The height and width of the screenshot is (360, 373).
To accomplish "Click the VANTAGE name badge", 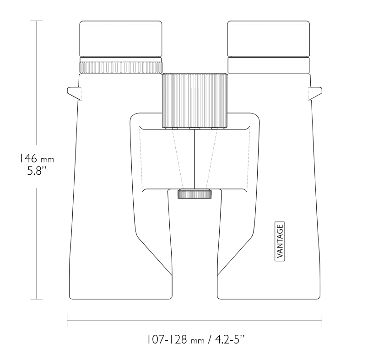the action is click(x=280, y=242).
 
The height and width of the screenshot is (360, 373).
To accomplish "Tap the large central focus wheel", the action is click(x=195, y=101).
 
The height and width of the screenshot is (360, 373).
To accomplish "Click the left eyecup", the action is click(x=121, y=39).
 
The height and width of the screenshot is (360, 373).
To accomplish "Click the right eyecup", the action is click(x=269, y=39).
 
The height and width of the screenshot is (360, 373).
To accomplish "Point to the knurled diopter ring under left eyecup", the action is click(x=121, y=68).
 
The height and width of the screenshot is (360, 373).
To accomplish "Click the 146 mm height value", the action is click(x=37, y=158).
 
